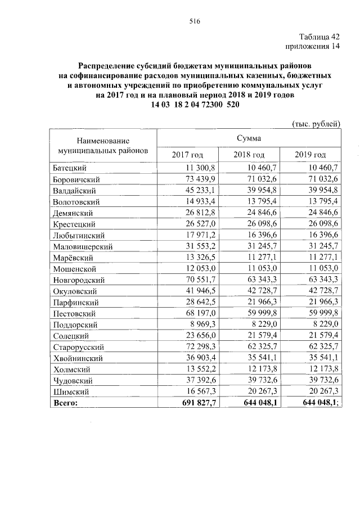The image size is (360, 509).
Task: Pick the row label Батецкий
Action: click(69, 168)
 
